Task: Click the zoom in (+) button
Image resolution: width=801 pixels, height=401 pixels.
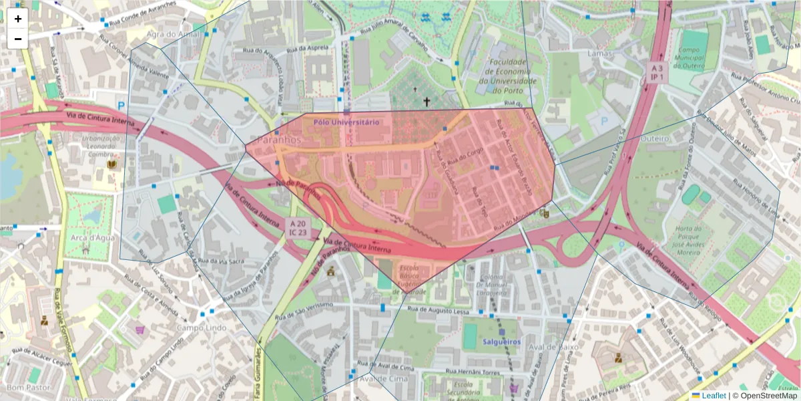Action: tap(18, 19)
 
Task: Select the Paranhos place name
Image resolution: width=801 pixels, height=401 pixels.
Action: tap(279, 141)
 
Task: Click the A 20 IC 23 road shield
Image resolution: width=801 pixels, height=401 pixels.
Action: tap(298, 227)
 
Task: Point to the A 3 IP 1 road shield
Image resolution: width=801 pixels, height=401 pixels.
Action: tap(657, 72)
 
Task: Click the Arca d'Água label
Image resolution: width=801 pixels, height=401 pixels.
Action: tap(86, 237)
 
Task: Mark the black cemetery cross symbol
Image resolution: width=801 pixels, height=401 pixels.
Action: tap(427, 102)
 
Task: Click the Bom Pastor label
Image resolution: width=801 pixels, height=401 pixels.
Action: tap(25, 388)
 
